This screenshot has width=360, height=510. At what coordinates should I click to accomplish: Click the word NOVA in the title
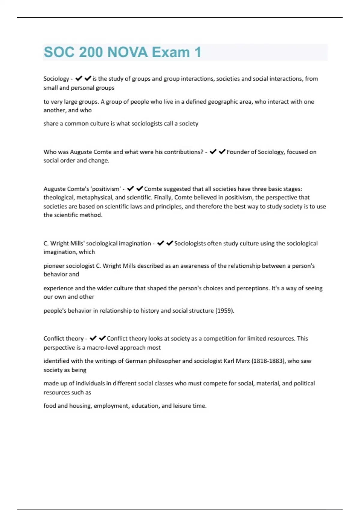[x=127, y=52]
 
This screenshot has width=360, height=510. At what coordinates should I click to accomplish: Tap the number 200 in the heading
[x=90, y=52]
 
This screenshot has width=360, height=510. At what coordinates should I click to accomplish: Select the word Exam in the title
[x=171, y=52]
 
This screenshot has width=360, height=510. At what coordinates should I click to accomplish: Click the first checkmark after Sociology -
[x=79, y=79]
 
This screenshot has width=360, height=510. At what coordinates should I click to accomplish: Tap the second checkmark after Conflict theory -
[x=102, y=338]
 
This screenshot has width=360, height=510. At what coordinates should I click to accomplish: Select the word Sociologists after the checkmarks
[x=190, y=243]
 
